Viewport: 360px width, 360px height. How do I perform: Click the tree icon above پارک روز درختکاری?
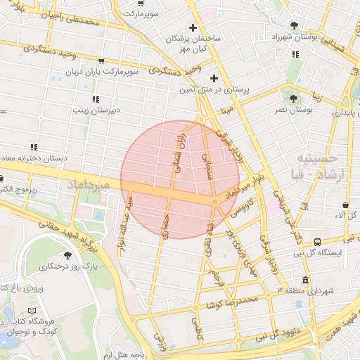[x=67, y=255]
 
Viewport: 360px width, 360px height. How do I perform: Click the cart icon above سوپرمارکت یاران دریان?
[x=103, y=61]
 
